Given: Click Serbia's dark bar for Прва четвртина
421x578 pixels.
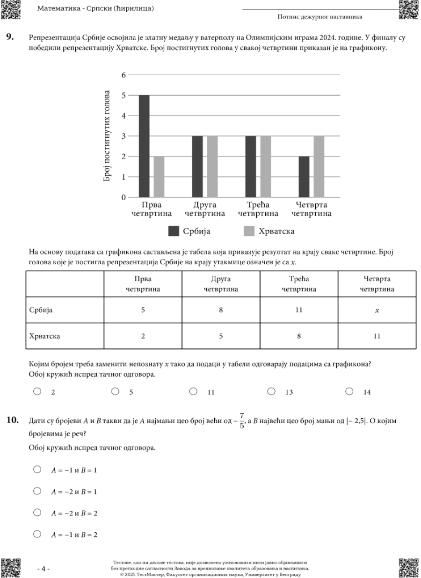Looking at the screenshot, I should (144, 146).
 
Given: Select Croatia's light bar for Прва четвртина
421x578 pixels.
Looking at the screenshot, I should (159, 176).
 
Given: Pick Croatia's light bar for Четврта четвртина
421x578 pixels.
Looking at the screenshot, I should (319, 166).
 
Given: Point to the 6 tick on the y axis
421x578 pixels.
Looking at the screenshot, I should (123, 75).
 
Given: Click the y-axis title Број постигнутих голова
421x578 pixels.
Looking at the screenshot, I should (107, 136).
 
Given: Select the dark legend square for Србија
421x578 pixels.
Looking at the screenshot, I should (174, 231).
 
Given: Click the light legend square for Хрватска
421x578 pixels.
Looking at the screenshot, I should (249, 231).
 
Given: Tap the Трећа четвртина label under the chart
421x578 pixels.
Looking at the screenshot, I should (258, 209).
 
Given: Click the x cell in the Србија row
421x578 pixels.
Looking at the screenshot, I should (377, 310).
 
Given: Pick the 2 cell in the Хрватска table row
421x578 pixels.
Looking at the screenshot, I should (143, 336).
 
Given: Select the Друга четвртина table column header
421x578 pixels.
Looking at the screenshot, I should (221, 284).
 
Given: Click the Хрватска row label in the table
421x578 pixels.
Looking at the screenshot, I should (44, 336).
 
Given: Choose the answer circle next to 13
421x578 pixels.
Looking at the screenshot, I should (271, 392).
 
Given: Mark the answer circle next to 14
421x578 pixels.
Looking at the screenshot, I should (349, 392).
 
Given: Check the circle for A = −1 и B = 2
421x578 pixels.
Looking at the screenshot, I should (37, 534).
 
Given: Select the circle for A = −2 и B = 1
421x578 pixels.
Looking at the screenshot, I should (37, 491).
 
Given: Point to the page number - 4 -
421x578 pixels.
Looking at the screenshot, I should (43, 569).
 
